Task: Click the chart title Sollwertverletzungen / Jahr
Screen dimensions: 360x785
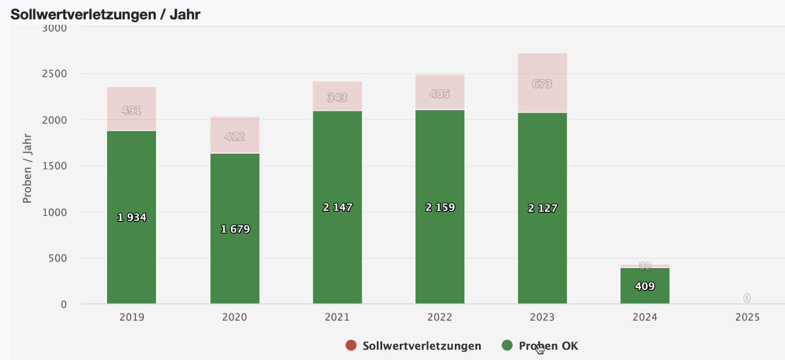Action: [105, 15]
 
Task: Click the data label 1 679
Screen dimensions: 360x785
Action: [235, 229]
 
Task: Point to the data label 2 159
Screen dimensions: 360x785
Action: [440, 207]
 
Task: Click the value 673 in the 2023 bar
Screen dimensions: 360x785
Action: [542, 84]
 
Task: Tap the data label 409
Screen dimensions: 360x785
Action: [645, 286]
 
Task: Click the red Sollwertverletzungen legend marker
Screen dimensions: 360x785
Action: [351, 345]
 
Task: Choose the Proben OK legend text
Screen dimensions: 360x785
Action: [548, 346]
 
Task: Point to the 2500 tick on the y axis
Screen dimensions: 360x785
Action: [55, 74]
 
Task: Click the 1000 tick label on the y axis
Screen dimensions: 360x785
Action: [55, 212]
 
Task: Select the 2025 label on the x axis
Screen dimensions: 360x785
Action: [747, 317]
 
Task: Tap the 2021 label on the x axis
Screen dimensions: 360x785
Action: [337, 317]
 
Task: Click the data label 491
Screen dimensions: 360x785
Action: [131, 110]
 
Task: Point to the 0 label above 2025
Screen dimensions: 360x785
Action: [747, 298]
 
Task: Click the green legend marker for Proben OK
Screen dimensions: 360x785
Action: [507, 345]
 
